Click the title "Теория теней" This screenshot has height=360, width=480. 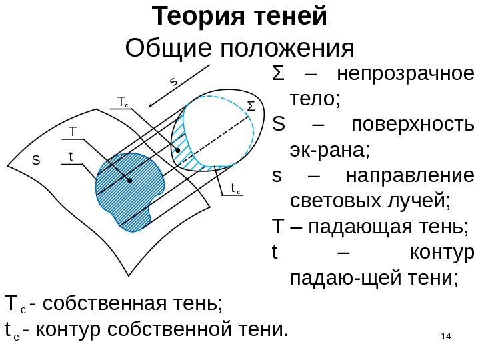[x=240, y=17]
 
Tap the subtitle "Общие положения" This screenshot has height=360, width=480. [x=240, y=48]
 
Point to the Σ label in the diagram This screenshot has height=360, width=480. [x=251, y=107]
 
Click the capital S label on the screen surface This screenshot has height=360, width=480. [x=37, y=161]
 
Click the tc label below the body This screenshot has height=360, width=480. [x=235, y=189]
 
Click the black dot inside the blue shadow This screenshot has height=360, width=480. [x=129, y=180]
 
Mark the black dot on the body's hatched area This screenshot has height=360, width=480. [x=177, y=151]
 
